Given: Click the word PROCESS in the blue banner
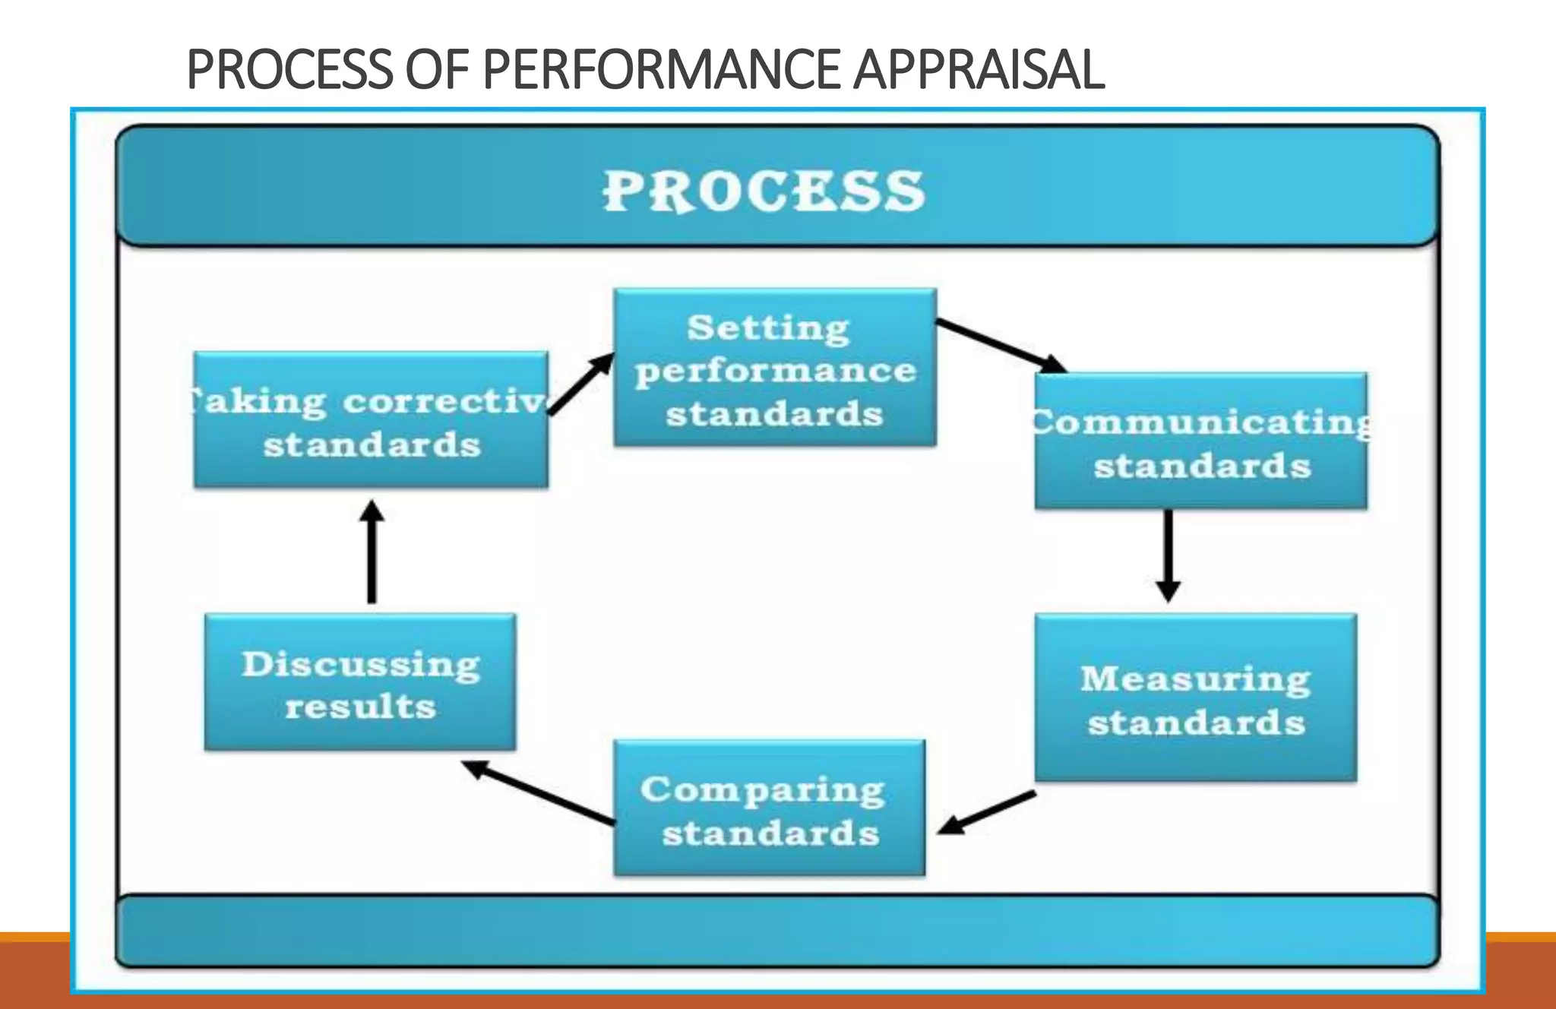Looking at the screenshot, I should click(x=764, y=191).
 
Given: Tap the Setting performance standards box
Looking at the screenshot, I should click(x=775, y=368).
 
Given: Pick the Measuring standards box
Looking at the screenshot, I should click(x=1196, y=697).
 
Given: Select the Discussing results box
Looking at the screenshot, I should click(x=360, y=682).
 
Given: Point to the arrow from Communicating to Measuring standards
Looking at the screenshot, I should click(x=1168, y=555).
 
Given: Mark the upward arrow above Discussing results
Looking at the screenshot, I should click(x=372, y=552).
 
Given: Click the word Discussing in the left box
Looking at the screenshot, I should click(x=361, y=664).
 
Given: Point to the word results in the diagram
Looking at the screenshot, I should click(x=360, y=707).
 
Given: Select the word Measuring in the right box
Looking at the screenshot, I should click(x=1196, y=678).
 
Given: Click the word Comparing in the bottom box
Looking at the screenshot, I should click(x=763, y=790).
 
